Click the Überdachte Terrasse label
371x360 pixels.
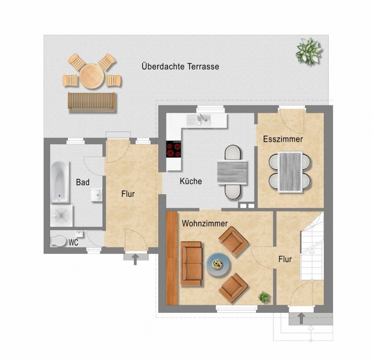pyautogui.click(x=180, y=66)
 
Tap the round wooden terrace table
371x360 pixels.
pyautogui.click(x=92, y=76)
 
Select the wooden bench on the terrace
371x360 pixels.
pyautogui.click(x=92, y=102)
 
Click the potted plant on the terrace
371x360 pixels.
pyautogui.click(x=308, y=51)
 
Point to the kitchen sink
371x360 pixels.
pyautogui.click(x=198, y=120)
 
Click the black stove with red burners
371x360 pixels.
pyautogui.click(x=174, y=150)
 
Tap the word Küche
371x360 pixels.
pyautogui.click(x=191, y=181)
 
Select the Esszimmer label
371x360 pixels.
pyautogui.click(x=283, y=139)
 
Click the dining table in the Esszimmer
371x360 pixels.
pyautogui.click(x=290, y=171)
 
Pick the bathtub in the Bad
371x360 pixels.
pyautogui.click(x=60, y=182)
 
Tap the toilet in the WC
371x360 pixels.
pyautogui.click(x=58, y=241)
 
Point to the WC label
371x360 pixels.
pyautogui.click(x=73, y=243)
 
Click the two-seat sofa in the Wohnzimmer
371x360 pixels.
pyautogui.click(x=191, y=264)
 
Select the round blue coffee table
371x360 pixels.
pyautogui.click(x=218, y=264)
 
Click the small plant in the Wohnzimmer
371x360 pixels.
pyautogui.click(x=264, y=297)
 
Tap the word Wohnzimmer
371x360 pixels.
pyautogui.click(x=205, y=223)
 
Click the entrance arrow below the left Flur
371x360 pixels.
pyautogui.click(x=135, y=259)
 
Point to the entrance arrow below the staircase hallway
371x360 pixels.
pyautogui.click(x=301, y=318)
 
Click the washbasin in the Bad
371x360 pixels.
pyautogui.click(x=97, y=195)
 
